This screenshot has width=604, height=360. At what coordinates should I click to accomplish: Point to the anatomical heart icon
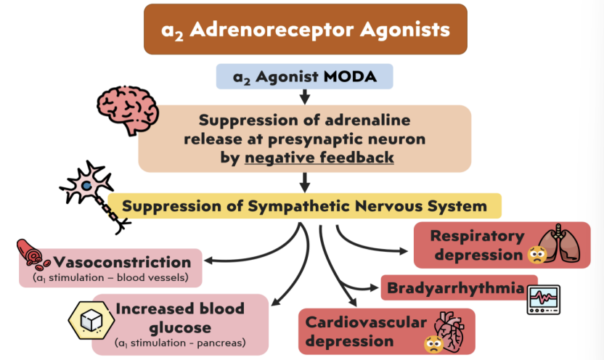(449, 330)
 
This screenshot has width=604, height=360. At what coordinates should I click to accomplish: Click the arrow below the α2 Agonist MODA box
(305, 97)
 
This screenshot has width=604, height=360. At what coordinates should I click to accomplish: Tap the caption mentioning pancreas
(181, 343)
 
